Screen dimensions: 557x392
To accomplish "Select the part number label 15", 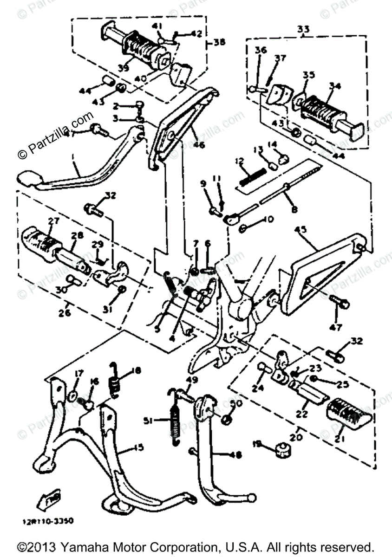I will tap(138, 447).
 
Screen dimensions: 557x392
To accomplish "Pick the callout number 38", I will tap(218, 43).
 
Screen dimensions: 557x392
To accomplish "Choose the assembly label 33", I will tap(304, 29).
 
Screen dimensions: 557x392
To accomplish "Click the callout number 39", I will tap(122, 68).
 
